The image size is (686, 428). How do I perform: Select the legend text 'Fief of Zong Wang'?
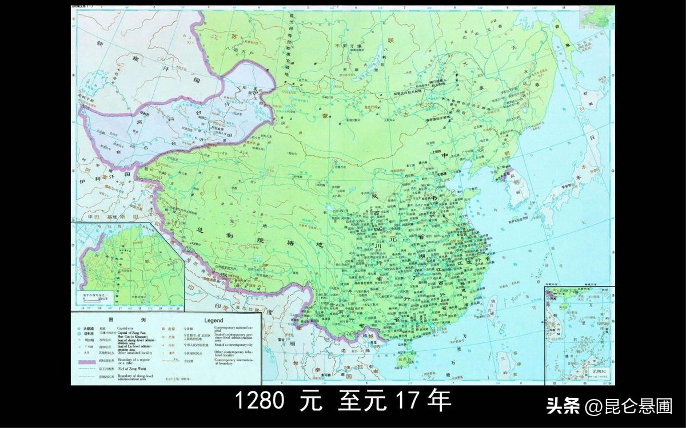pos(133,370)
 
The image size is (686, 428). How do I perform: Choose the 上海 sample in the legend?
pos(170,337)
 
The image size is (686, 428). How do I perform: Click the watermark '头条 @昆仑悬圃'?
pos(609,406)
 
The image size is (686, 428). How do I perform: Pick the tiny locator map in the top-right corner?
pos(597,17)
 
